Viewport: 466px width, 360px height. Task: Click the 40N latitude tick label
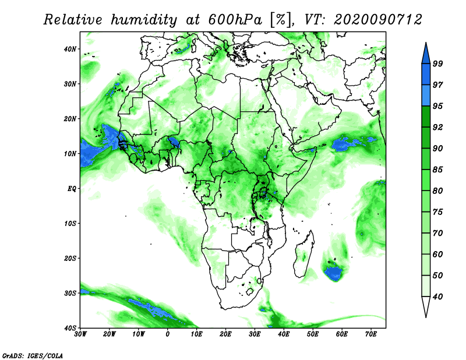coord(70,49)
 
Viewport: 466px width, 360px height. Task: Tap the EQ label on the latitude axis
coord(72,189)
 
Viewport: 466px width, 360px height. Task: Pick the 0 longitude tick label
coord(168,334)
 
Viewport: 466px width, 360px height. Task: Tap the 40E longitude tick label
coord(284,334)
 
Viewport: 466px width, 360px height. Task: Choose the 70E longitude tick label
coord(371,334)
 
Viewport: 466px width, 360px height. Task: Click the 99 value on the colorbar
coord(438,63)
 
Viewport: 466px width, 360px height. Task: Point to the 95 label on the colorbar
coord(438,106)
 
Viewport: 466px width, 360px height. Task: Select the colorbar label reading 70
coord(438,233)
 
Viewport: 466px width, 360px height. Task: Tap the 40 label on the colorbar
coord(438,297)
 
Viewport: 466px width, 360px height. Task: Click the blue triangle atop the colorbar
coord(426,55)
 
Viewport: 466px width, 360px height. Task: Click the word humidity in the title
coord(144,20)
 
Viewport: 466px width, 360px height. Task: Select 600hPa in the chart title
coord(235,20)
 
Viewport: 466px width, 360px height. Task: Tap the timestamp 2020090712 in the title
coord(377,20)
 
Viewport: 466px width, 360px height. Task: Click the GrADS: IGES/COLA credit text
coord(33,355)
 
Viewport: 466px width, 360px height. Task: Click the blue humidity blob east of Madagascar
coord(333,273)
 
